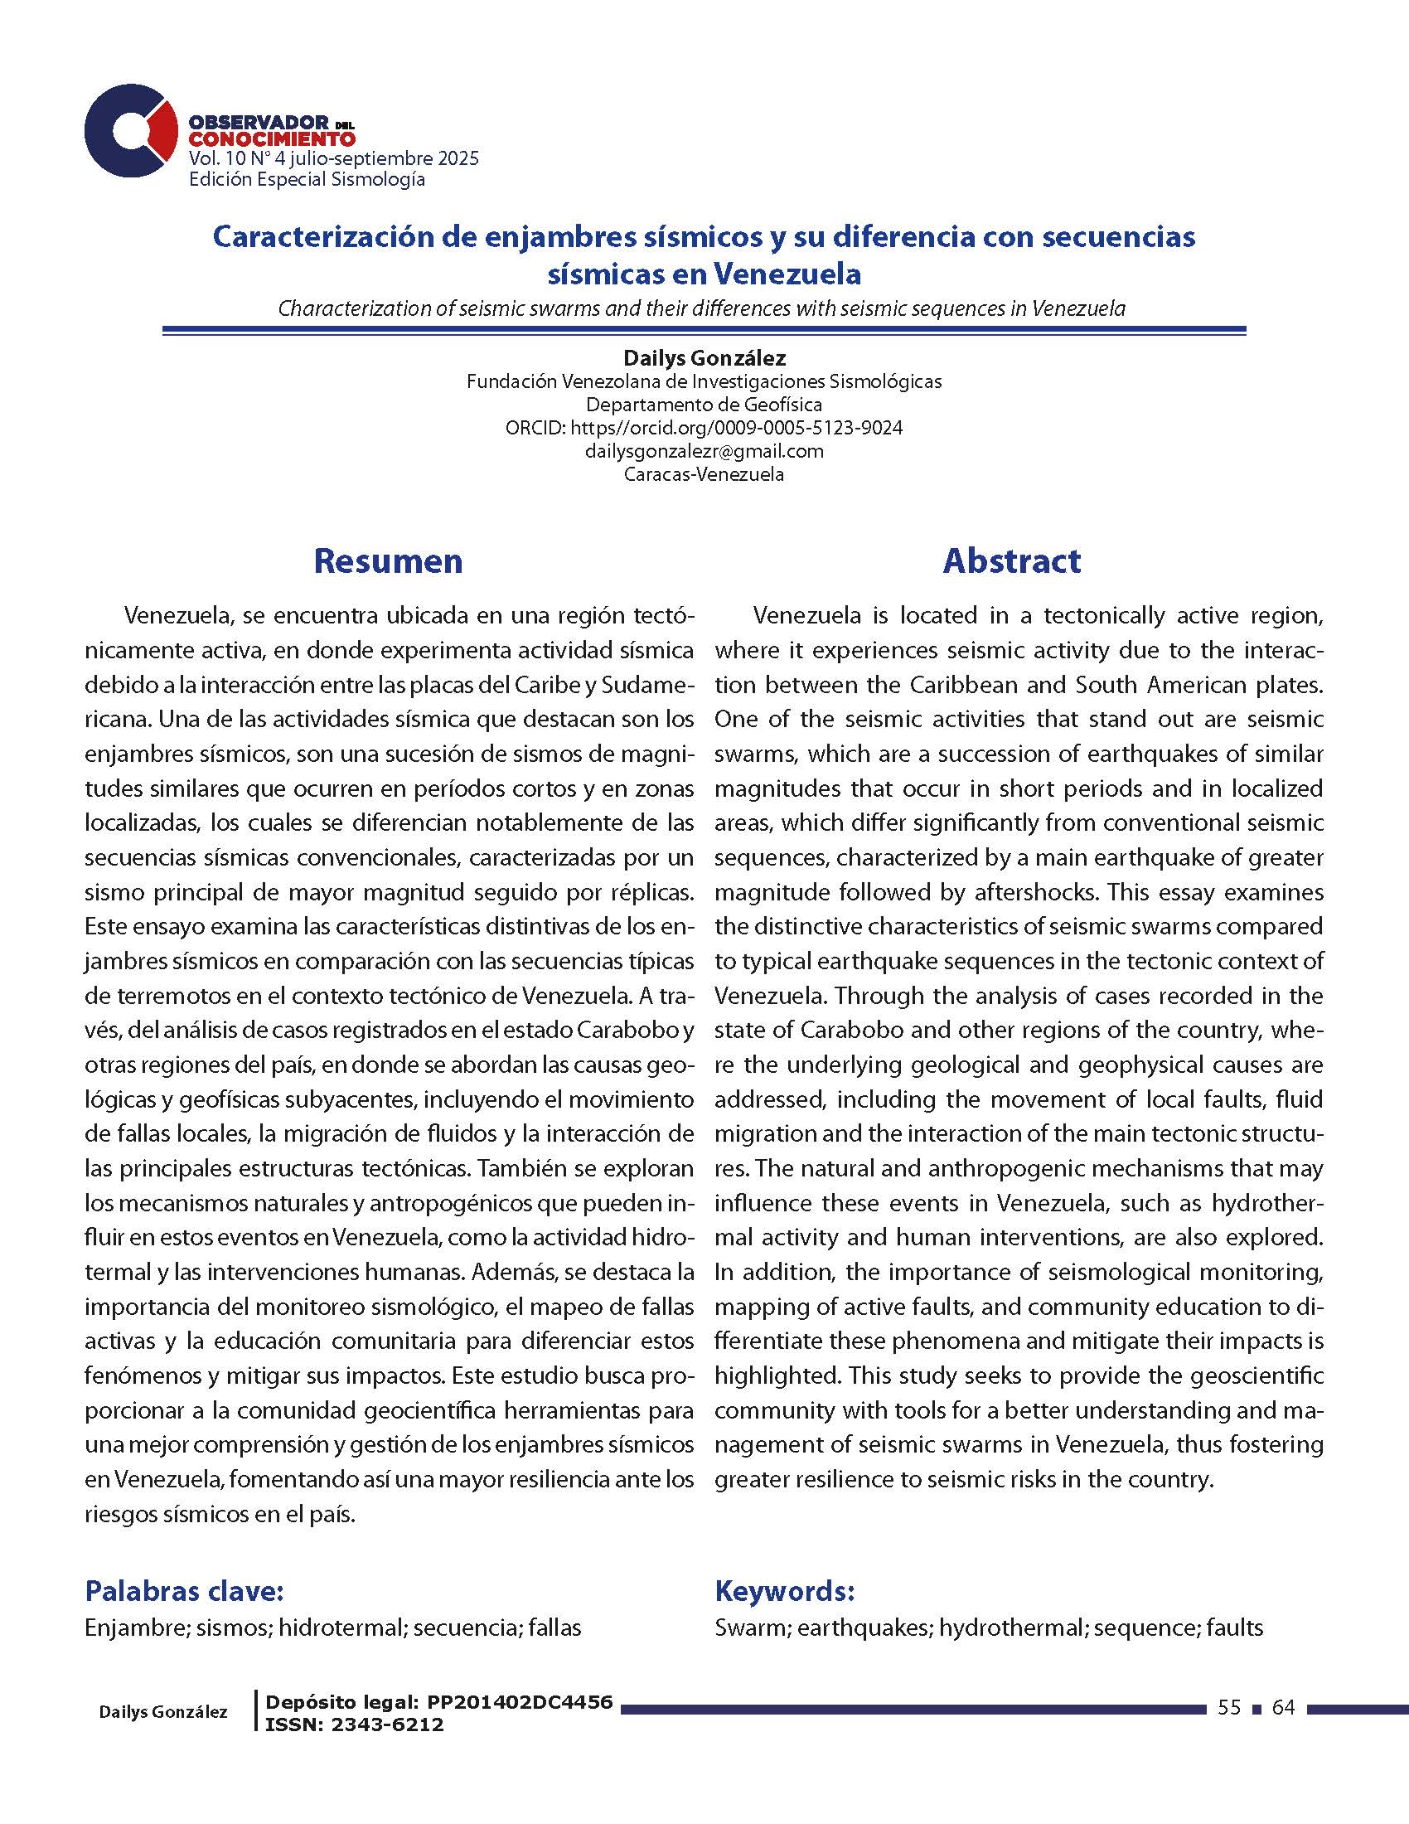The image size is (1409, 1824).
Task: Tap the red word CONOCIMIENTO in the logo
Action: tap(272, 138)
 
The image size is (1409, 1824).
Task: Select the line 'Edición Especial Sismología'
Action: tap(307, 180)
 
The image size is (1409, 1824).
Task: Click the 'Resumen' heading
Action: tap(388, 560)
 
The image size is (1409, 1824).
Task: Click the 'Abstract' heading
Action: tap(1012, 560)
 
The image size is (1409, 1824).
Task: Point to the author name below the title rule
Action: tap(704, 358)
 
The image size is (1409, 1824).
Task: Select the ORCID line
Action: tap(704, 428)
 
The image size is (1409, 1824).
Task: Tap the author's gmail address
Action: tap(704, 451)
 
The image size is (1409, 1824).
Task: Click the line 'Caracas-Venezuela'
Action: tap(704, 474)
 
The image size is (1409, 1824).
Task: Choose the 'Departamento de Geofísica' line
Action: tap(704, 405)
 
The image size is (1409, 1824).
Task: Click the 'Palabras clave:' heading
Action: tap(185, 1591)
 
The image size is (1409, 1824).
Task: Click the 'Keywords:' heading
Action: tap(785, 1591)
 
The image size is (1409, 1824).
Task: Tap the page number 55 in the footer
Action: tap(1228, 1708)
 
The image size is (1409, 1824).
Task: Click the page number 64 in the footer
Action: tap(1283, 1708)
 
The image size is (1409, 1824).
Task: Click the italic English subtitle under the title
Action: tap(702, 308)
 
